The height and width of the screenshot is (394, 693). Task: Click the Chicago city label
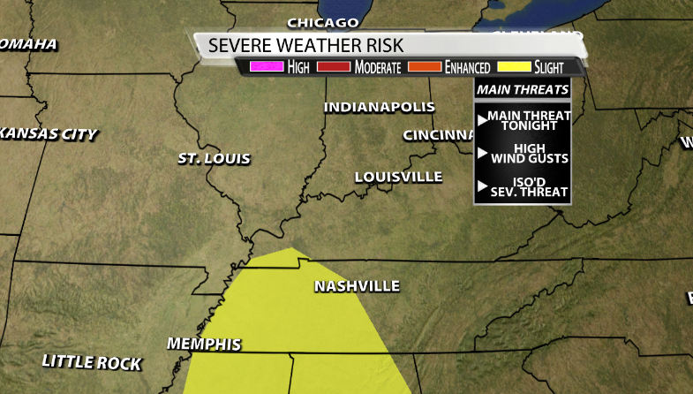point(323,22)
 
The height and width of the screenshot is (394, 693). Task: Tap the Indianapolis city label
point(379,107)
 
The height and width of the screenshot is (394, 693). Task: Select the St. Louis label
point(214,159)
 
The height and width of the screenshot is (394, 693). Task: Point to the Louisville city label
point(398,177)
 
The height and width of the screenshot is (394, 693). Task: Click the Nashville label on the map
point(357,286)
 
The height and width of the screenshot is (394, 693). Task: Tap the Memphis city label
point(203,344)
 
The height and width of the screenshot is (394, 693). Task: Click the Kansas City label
point(49,134)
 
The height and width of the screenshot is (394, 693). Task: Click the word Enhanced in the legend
point(467,67)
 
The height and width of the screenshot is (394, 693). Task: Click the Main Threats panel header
point(522,89)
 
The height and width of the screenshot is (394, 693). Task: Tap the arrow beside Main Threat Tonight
point(482,119)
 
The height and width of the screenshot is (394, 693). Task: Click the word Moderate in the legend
point(378,67)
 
